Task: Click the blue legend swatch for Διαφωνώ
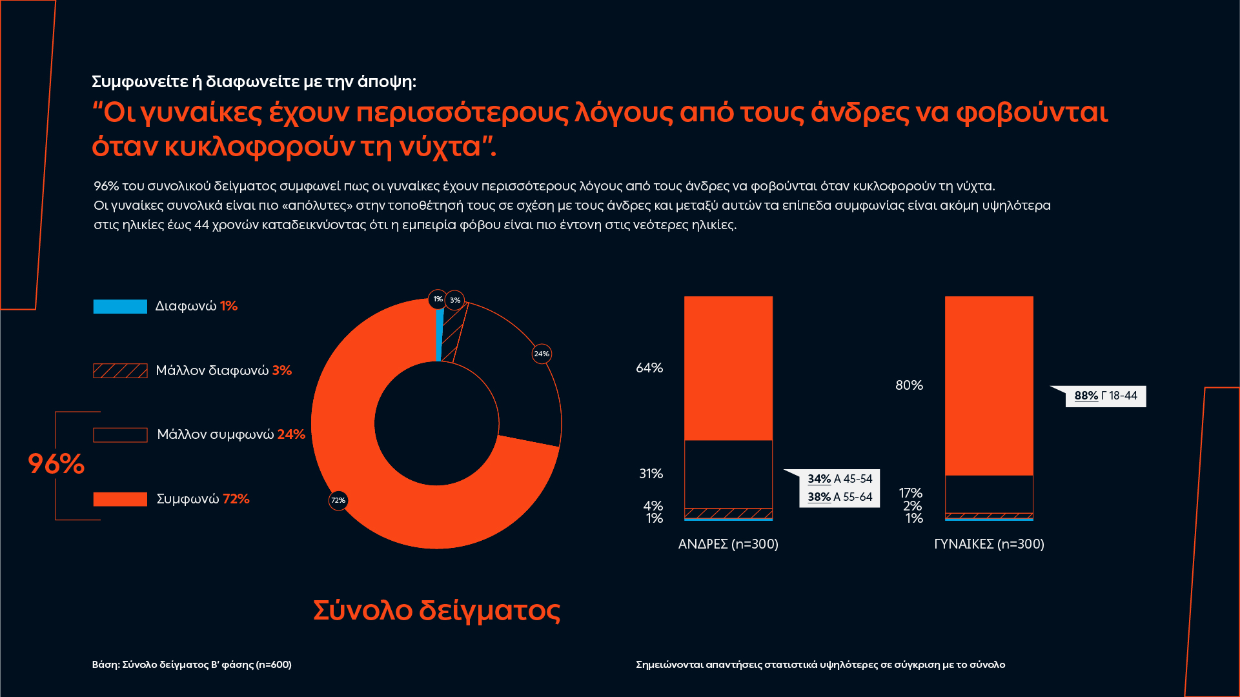click(x=120, y=307)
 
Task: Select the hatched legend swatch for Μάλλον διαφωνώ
click(x=120, y=370)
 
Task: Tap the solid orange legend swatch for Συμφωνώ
click(x=120, y=499)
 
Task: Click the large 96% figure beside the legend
click(x=56, y=464)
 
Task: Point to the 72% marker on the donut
click(x=338, y=500)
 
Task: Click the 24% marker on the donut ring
click(x=542, y=354)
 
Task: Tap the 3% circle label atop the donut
click(x=455, y=300)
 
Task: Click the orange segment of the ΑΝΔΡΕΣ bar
click(x=728, y=368)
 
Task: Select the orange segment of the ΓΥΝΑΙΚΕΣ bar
click(x=989, y=385)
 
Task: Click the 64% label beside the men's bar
click(x=649, y=368)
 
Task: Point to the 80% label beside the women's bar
click(x=909, y=385)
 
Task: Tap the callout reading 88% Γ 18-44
click(x=1105, y=396)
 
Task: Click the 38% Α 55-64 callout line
click(x=840, y=497)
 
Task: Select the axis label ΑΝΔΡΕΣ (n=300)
click(x=728, y=544)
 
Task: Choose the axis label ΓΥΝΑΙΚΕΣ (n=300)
click(x=989, y=544)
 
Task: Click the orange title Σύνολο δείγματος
click(x=437, y=610)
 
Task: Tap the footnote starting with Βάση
click(x=192, y=665)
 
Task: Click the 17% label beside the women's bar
click(x=910, y=493)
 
